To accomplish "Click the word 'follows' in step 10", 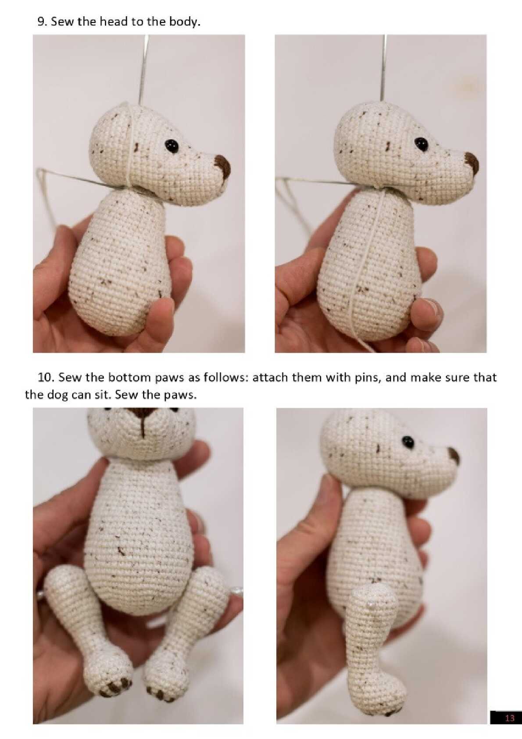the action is click(225, 377).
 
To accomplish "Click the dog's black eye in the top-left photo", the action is click(172, 146).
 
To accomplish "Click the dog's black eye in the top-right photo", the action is click(422, 144).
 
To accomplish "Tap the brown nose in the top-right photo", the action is click(472, 163).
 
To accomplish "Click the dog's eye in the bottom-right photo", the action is click(408, 442).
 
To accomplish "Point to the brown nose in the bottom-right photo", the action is click(454, 456).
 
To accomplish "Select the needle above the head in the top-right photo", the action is click(383, 68).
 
